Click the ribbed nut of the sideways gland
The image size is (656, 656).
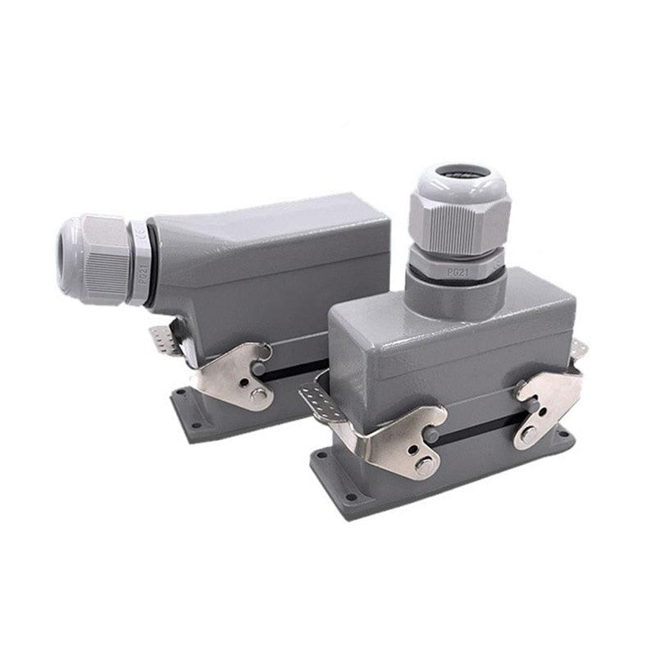(x=102, y=257)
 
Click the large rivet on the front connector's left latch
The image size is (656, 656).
(x=423, y=466)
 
